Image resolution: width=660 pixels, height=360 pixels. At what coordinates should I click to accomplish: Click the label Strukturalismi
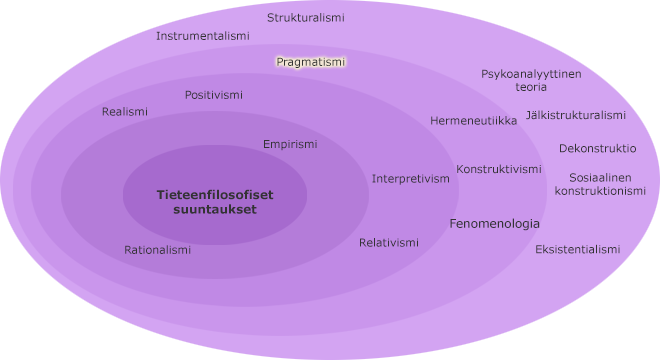tap(306, 18)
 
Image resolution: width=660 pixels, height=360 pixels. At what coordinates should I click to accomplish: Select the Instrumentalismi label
tap(202, 36)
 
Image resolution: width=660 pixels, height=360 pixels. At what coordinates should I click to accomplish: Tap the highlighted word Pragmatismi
tap(310, 62)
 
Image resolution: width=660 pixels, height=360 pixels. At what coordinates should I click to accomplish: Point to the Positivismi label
tap(213, 95)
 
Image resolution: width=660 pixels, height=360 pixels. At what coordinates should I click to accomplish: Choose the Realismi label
tap(124, 112)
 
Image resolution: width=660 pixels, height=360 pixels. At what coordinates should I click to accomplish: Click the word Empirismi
tap(290, 144)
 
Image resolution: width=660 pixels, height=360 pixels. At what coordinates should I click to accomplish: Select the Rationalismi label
tap(157, 250)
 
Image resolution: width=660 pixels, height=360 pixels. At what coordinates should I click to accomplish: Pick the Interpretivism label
tap(411, 179)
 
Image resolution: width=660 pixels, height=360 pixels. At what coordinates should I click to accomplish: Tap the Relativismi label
tap(389, 243)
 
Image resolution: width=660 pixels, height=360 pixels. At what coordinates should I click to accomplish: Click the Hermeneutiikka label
tap(473, 121)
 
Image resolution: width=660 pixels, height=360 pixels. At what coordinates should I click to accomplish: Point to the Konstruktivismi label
tap(498, 169)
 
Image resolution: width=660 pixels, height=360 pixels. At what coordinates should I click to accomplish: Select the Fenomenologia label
tap(494, 224)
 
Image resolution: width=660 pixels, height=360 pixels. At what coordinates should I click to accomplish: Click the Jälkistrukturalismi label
tap(575, 115)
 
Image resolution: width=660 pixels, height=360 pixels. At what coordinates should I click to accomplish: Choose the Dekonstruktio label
tap(597, 149)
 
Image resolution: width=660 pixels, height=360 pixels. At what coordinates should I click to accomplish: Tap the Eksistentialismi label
tap(577, 249)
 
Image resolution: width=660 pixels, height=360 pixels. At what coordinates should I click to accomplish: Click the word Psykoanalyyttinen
tap(531, 74)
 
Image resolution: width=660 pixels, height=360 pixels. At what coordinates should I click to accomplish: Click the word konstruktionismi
tap(600, 191)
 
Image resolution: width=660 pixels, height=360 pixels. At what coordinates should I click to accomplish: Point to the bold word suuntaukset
tap(214, 210)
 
